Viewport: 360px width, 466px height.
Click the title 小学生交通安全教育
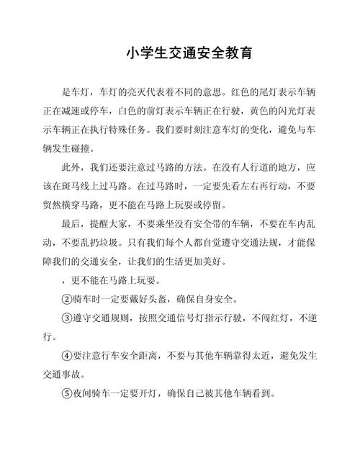[179, 53]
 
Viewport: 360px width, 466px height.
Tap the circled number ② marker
[68, 299]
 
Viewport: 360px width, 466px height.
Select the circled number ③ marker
[68, 318]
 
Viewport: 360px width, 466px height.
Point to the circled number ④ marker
[68, 356]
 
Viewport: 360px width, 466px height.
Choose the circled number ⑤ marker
[68, 394]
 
